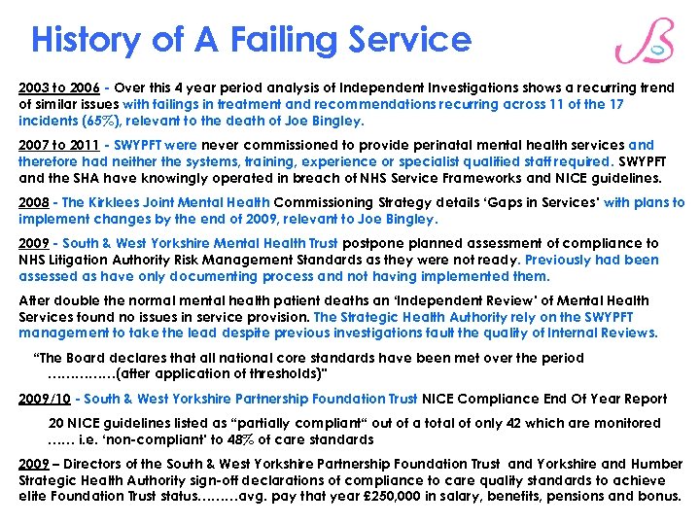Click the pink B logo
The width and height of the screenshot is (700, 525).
click(645, 43)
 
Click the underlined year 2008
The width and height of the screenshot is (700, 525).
click(35, 203)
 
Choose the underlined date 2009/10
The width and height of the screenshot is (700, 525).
click(44, 399)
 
